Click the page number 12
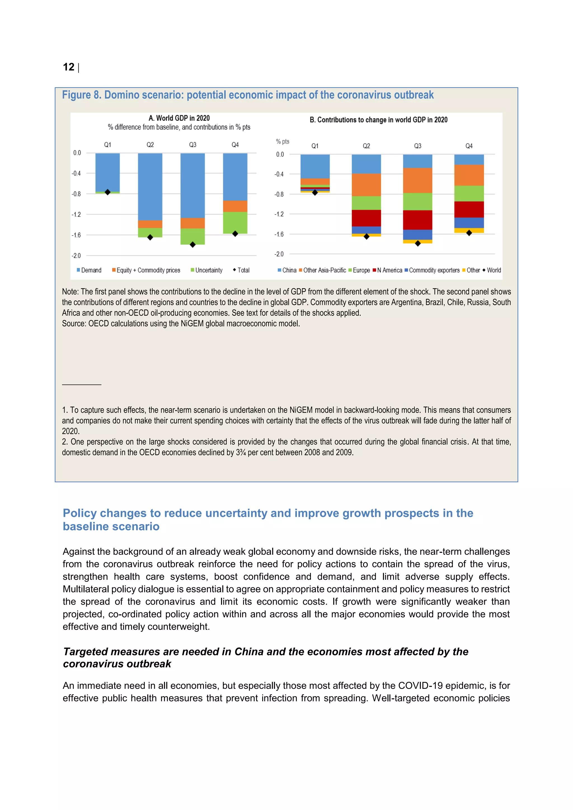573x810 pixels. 69,67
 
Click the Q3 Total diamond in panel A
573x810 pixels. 193,244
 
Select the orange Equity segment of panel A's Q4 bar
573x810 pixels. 235,206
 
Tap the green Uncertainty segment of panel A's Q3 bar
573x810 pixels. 193,236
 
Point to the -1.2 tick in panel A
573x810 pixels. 76,215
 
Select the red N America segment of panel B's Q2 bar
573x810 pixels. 366,218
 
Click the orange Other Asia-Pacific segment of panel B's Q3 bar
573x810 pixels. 417,180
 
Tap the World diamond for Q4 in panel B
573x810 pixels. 469,233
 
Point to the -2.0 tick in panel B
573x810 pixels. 279,254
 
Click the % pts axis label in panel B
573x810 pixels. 282,142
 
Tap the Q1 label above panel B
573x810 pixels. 315,146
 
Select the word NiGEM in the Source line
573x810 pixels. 192,324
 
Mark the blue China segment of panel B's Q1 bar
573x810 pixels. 315,166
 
